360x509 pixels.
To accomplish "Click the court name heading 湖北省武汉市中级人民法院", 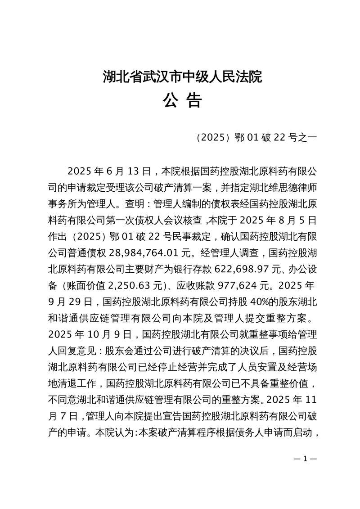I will [182, 77].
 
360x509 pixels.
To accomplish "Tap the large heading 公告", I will [182, 101].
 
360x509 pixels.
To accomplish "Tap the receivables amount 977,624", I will [245, 286].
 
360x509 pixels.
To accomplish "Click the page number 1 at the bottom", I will [306, 459].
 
